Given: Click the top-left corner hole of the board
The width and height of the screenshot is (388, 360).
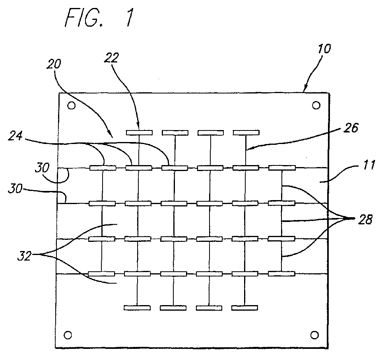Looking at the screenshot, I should point(71,106).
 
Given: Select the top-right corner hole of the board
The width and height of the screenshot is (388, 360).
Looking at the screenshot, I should point(316,105).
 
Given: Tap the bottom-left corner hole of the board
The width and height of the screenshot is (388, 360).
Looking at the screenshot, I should point(68,334).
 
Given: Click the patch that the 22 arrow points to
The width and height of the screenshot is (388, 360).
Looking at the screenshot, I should point(139,132).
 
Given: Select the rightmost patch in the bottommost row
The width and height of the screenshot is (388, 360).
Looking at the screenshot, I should point(244,307).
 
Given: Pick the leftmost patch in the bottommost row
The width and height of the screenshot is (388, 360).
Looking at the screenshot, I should point(137,307).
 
